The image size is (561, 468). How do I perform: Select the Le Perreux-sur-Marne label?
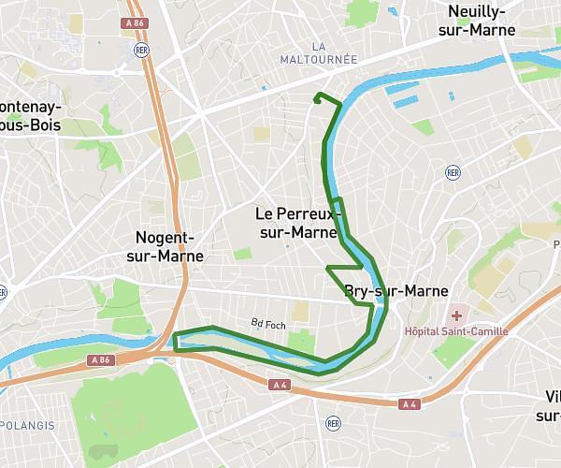pyautogui.click(x=297, y=223)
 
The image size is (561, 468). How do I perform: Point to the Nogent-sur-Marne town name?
pyautogui.click(x=169, y=246)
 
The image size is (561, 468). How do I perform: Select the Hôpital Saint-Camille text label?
pyautogui.click(x=456, y=331)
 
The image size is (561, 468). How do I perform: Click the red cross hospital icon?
pyautogui.click(x=456, y=316)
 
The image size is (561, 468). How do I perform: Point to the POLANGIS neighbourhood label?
pyautogui.click(x=28, y=426)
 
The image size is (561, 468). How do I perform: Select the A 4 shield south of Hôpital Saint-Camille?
pyautogui.click(x=409, y=404)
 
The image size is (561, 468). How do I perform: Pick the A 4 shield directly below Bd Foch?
pyautogui.click(x=279, y=385)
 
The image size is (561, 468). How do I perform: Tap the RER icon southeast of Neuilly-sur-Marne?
pyautogui.click(x=453, y=172)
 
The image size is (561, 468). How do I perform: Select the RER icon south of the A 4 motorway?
pyautogui.click(x=332, y=423)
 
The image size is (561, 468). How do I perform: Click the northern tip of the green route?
pyautogui.click(x=319, y=95)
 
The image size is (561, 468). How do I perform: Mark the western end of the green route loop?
pyautogui.click(x=175, y=341)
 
